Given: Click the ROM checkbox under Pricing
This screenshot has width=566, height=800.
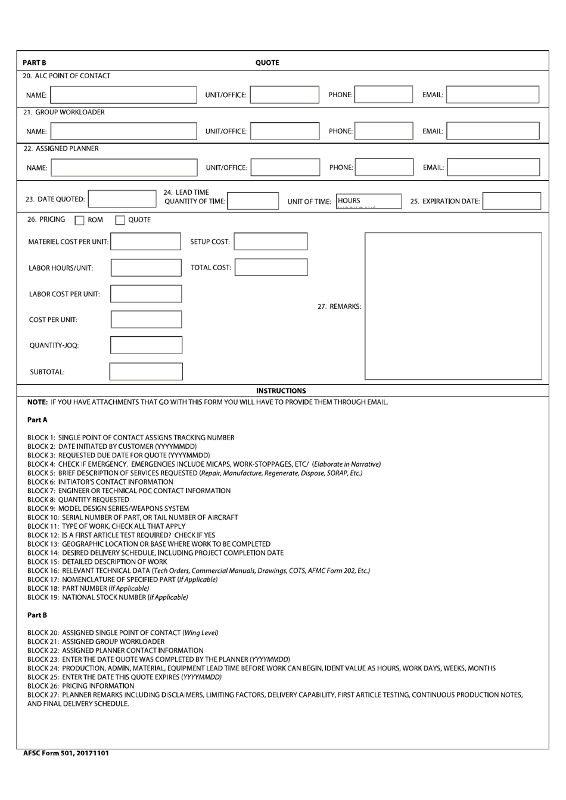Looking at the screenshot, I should [x=79, y=221].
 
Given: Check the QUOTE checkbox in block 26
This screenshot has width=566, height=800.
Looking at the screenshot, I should [x=120, y=221].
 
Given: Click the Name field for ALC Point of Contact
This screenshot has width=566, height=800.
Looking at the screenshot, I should [x=123, y=95].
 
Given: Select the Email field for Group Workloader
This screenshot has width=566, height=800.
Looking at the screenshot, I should [x=493, y=131].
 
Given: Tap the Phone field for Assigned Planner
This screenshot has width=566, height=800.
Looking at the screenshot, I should [x=384, y=168].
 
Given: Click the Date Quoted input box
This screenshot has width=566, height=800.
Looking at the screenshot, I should [x=122, y=199].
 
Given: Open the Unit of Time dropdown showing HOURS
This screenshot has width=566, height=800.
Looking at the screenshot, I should [x=368, y=201].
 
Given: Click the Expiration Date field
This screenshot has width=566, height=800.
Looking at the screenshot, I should [x=511, y=201].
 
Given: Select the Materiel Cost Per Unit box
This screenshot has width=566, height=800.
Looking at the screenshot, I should [x=146, y=241].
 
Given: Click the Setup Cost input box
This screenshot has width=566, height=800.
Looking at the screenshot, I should [x=271, y=241].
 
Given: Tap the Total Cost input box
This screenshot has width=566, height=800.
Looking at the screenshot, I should [x=271, y=268].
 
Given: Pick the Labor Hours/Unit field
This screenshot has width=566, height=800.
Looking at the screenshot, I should [x=146, y=268].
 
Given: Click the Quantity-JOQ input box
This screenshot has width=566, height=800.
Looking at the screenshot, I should [x=146, y=345].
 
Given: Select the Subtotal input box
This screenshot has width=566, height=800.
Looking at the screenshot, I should [x=146, y=371].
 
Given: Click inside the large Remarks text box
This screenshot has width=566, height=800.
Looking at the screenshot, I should [x=453, y=306].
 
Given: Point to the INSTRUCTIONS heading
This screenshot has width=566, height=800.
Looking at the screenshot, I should [x=281, y=391].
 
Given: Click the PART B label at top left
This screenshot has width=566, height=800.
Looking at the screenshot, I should [x=35, y=63].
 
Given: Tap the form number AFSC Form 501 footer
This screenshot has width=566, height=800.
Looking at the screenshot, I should [x=66, y=753].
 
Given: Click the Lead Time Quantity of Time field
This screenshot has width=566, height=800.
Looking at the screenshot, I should [x=253, y=201].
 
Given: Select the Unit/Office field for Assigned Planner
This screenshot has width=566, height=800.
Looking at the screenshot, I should [x=285, y=168].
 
